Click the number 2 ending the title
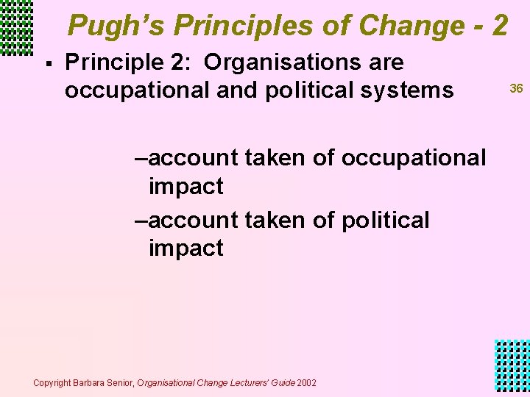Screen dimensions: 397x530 (x=500, y=26)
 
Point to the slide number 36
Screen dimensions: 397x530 (x=516, y=88)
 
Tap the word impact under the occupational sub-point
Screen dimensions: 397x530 (x=185, y=186)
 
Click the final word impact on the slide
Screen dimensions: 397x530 (x=185, y=248)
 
